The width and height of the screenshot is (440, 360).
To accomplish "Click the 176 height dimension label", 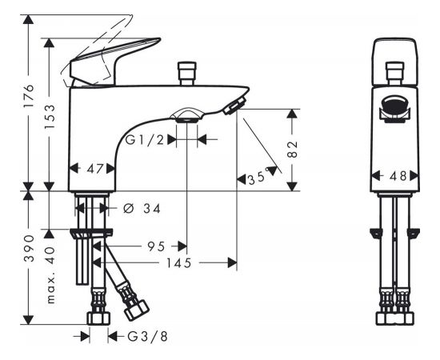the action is point(29,96).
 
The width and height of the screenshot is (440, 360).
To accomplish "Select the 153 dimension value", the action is point(50,117).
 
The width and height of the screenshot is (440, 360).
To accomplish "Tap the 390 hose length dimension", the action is point(29,249).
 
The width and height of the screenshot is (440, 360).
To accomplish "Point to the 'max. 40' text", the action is point(50,275).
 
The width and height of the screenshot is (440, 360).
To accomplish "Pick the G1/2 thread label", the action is point(144,140).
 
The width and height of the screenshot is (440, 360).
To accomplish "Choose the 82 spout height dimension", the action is point(293,150).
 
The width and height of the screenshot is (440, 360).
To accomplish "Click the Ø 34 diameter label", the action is point(142,209).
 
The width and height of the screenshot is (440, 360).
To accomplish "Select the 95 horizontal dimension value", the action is point(156,246).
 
